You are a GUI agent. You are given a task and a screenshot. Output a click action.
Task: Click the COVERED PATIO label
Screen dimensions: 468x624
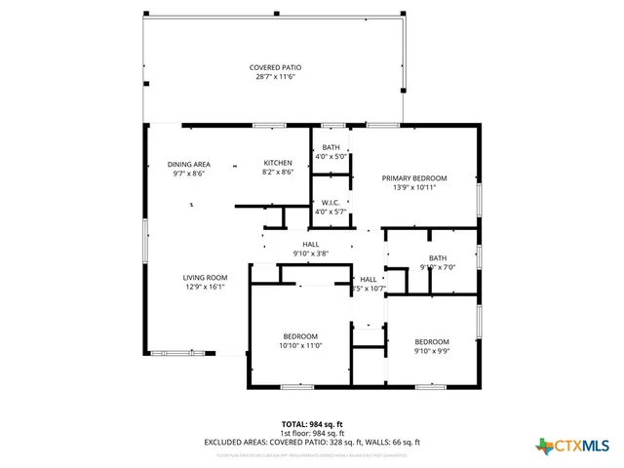point(275,67)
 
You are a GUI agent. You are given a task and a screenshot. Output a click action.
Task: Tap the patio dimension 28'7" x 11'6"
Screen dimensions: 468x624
point(275,76)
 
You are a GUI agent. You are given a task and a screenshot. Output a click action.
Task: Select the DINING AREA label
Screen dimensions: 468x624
point(188,165)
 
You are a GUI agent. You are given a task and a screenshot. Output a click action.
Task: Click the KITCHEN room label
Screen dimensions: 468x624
point(279,163)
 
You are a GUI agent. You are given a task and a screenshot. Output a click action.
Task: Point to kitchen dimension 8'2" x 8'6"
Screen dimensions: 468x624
point(279,172)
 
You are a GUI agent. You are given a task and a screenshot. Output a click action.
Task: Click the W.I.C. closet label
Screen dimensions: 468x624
point(330,203)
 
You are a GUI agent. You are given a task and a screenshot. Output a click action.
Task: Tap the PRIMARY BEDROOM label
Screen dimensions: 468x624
point(414,178)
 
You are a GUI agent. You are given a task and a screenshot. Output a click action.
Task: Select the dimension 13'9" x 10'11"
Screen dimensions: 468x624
point(414,187)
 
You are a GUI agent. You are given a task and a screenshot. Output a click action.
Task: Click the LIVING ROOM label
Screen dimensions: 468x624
point(205,278)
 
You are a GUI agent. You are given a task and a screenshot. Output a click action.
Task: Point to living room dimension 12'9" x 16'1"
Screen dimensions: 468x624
point(205,287)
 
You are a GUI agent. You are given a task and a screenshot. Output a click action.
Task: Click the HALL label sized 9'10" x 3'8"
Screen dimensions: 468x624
point(311,245)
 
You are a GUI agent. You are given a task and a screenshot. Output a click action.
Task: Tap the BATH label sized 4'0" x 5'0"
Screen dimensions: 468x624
point(331,147)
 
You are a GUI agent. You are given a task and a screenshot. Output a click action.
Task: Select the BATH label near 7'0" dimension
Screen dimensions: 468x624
point(438,258)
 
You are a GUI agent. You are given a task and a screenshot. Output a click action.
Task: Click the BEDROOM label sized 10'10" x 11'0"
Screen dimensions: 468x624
point(299,336)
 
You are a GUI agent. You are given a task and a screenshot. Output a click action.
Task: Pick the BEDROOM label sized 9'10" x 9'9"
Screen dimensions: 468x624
point(432,341)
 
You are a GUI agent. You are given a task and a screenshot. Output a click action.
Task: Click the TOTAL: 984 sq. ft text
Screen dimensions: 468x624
point(311,424)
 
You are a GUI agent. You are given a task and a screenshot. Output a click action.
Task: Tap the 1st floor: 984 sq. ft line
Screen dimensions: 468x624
point(311,433)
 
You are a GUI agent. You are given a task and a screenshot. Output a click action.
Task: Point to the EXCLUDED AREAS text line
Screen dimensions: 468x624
point(311,442)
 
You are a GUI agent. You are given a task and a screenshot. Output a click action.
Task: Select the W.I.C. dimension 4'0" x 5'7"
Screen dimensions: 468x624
point(330,212)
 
